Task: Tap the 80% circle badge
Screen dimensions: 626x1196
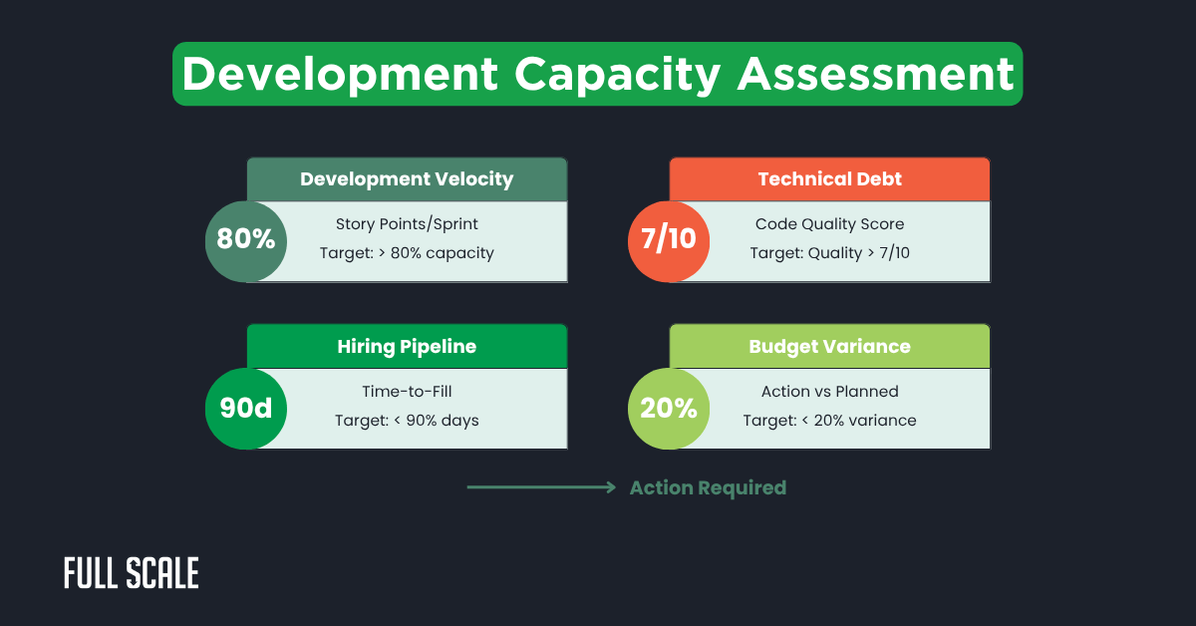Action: (x=246, y=240)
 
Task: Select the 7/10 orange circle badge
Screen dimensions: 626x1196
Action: (x=669, y=240)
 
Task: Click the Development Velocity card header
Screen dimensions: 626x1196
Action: (x=407, y=179)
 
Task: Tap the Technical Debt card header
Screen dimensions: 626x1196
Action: (x=829, y=179)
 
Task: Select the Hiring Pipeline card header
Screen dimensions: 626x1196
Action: (x=407, y=347)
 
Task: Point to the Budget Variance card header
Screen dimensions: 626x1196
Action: (x=829, y=347)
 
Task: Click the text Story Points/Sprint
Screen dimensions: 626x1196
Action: (x=407, y=223)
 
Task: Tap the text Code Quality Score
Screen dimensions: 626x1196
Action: (x=829, y=223)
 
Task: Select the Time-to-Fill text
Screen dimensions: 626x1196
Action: (x=407, y=392)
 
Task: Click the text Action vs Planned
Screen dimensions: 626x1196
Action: (x=829, y=392)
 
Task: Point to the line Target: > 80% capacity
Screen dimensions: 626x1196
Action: (x=407, y=253)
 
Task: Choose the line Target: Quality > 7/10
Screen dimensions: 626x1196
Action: (x=829, y=253)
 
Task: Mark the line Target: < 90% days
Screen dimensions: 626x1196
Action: (x=407, y=421)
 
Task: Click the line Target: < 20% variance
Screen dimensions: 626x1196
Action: (x=829, y=421)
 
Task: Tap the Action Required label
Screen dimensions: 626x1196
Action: (x=708, y=487)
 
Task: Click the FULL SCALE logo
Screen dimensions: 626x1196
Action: (x=132, y=573)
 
